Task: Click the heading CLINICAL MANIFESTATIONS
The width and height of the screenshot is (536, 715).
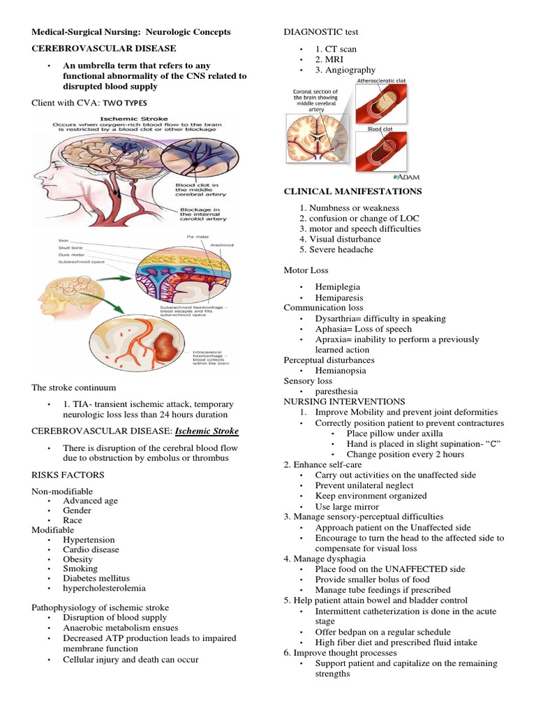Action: click(352, 191)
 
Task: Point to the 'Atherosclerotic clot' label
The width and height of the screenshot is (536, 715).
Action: click(381, 82)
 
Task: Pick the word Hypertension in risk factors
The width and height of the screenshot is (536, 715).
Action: click(89, 540)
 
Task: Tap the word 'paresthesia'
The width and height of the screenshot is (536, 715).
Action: click(338, 392)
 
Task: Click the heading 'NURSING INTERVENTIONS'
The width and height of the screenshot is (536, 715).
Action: click(344, 401)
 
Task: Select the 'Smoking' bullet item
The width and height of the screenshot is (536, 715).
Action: click(80, 569)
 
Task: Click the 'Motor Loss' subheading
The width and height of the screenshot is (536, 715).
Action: click(306, 270)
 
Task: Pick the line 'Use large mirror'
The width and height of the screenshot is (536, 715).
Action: click(347, 506)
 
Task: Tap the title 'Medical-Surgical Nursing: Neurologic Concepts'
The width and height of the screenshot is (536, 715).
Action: click(131, 32)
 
